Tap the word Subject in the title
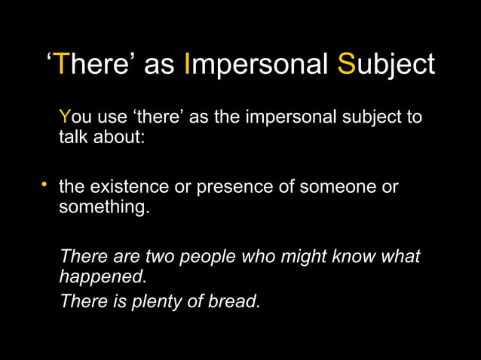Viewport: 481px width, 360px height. [386, 64]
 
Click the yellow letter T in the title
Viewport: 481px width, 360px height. [63, 64]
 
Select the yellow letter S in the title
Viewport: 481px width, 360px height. [346, 64]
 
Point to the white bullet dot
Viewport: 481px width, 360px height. [44, 185]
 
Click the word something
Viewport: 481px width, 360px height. [103, 206]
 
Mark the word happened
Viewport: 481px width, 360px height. [103, 276]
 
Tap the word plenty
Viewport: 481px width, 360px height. [161, 301]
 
